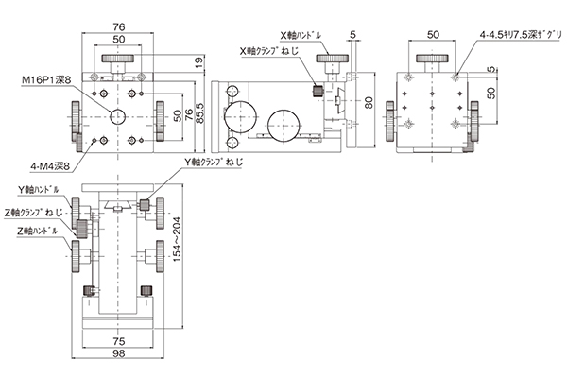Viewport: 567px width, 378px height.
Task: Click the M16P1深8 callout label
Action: [x=46, y=80]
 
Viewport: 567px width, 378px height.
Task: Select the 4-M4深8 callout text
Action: [x=49, y=166]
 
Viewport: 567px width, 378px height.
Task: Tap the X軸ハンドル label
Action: [x=301, y=36]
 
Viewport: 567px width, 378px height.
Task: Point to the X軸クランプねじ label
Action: [x=269, y=51]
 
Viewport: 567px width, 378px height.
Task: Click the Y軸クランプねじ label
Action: [x=215, y=163]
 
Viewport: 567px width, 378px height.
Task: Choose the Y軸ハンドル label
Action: [x=39, y=190]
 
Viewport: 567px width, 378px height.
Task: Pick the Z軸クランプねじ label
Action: [x=34, y=213]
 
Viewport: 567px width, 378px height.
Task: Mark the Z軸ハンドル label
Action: [x=37, y=231]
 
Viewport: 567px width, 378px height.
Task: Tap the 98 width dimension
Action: [x=119, y=353]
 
